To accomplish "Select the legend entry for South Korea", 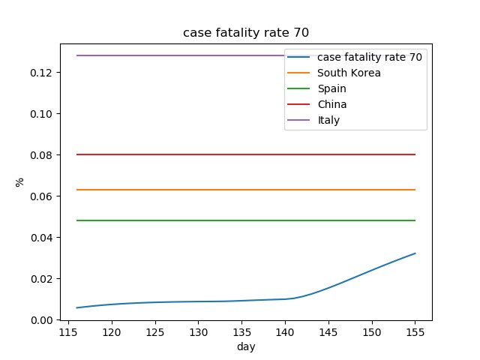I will point(349,73).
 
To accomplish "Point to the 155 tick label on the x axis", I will point(415,332).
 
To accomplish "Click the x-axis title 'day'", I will point(246,346).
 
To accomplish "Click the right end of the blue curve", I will point(415,253).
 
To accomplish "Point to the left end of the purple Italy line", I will point(77,55).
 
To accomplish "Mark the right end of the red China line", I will point(415,154).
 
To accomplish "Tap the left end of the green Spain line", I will point(77,220).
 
